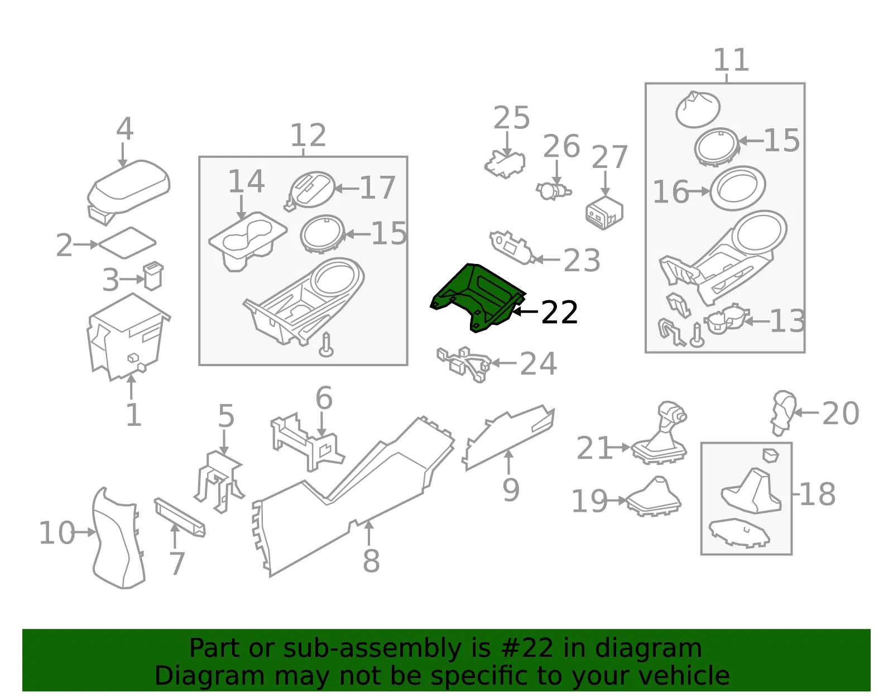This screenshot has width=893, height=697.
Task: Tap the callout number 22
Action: [559, 313]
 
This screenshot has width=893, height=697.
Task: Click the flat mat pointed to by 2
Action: [127, 243]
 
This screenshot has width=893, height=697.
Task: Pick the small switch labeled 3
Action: [153, 276]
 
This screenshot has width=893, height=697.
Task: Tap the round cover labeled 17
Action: [310, 191]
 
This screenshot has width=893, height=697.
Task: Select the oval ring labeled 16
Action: [737, 188]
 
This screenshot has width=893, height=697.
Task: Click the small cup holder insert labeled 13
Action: [726, 319]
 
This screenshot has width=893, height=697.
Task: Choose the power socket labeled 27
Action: [604, 213]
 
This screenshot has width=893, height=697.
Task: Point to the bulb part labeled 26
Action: [553, 191]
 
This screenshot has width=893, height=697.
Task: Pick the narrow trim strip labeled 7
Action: [180, 517]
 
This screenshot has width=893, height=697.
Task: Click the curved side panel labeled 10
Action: [118, 538]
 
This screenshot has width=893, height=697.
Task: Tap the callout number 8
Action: [371, 560]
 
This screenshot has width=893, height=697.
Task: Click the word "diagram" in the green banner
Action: [648, 648]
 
